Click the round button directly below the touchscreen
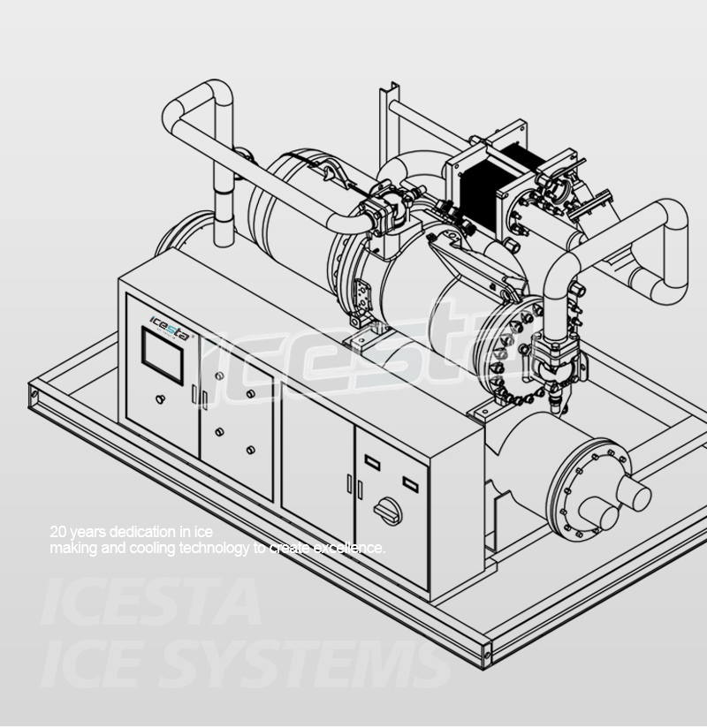click(x=160, y=399)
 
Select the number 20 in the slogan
click(x=58, y=532)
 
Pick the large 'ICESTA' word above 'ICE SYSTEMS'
click(x=150, y=603)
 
